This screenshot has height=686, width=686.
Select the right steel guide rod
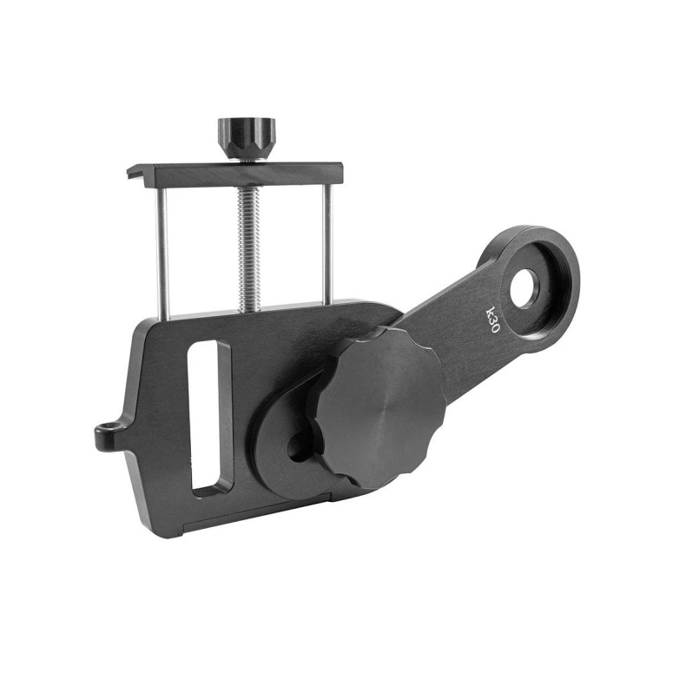327,243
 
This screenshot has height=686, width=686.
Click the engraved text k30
492,319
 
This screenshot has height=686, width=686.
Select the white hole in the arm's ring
524,289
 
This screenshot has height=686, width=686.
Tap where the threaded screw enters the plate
247,307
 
